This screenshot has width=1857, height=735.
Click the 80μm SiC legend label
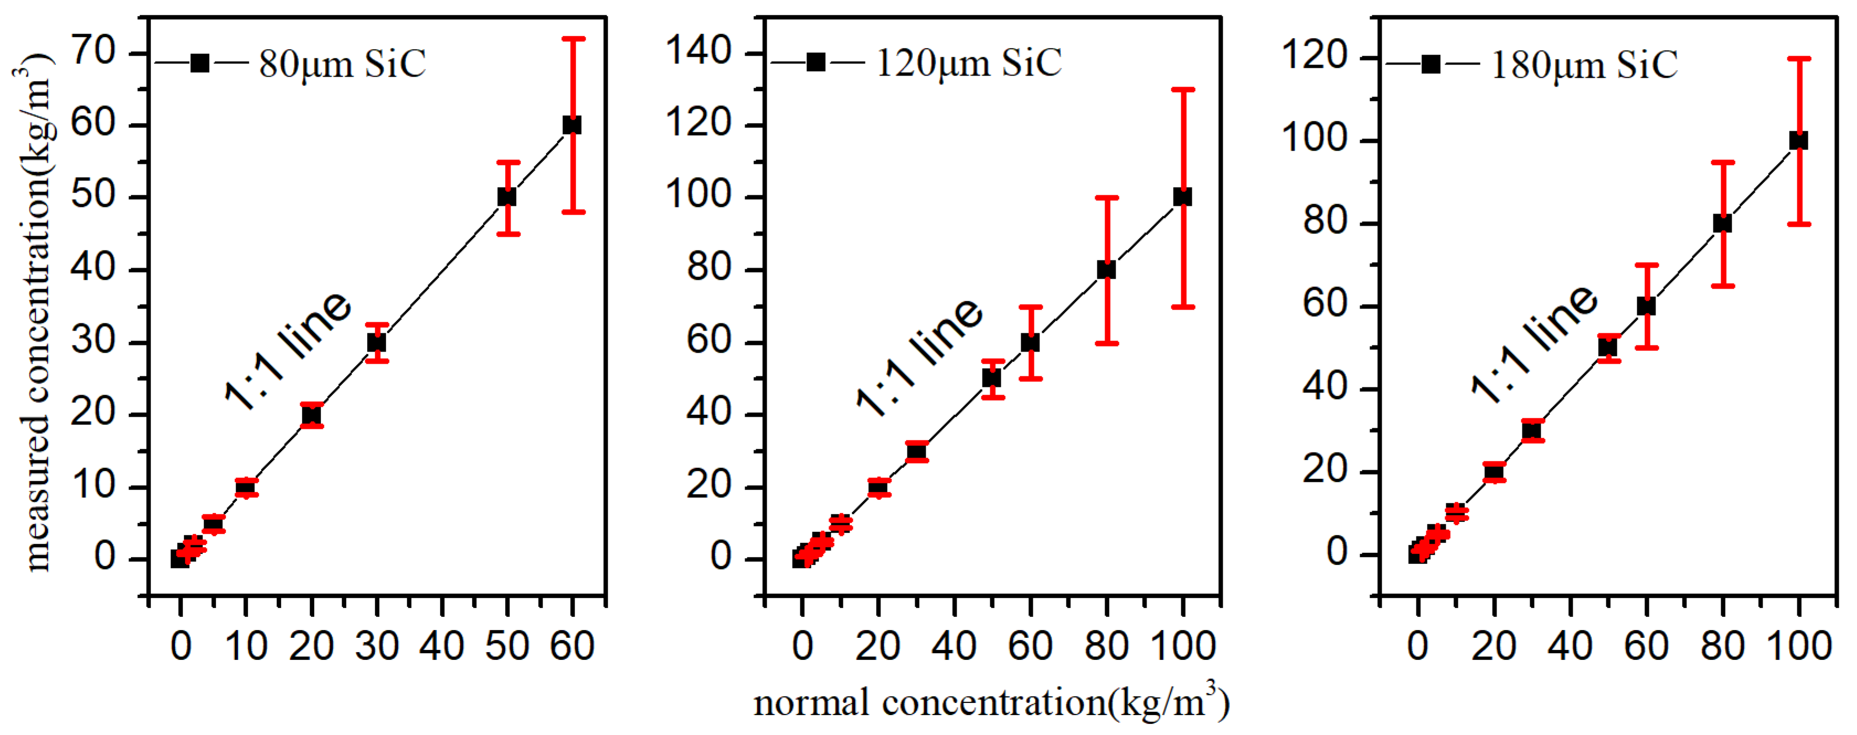342,64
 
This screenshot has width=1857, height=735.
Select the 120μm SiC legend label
968,63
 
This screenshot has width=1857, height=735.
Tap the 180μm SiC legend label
1584,65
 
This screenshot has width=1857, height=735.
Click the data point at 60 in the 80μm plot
572,125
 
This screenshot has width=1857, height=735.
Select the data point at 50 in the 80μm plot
507,197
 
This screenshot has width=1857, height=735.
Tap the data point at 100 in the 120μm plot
1182,197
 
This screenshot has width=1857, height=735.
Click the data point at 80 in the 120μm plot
1106,269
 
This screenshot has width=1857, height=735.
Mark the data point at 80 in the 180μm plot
1722,223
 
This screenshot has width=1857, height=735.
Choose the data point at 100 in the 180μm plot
1798,141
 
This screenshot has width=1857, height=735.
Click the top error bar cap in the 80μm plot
573,38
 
